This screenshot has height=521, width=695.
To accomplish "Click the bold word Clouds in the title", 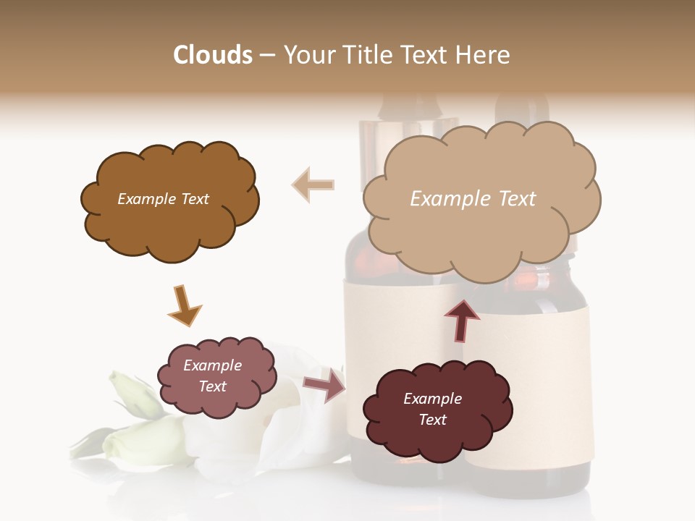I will click(212, 55).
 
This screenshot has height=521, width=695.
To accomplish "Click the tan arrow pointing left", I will click(313, 185).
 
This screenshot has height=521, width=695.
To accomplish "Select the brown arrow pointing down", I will click(185, 305).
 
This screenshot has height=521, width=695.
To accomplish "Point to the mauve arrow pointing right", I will click(325, 384).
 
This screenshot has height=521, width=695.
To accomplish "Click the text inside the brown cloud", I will click(163, 199).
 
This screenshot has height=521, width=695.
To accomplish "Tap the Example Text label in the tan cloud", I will click(473, 198).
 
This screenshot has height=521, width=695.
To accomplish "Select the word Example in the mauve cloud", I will click(212, 365).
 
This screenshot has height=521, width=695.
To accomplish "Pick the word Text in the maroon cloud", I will click(432, 420).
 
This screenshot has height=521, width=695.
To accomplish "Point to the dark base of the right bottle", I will click(528, 481).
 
